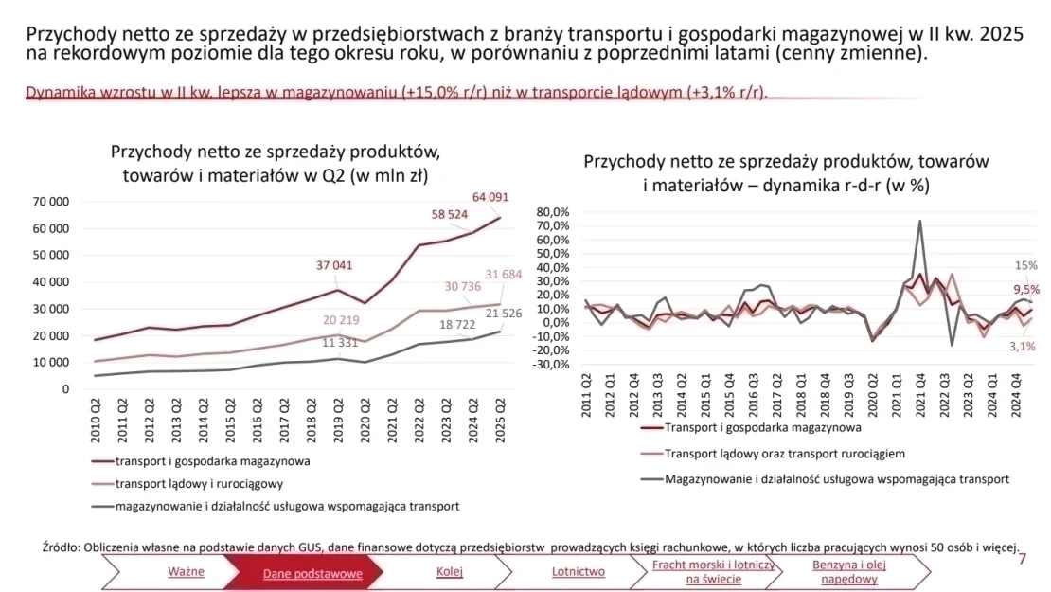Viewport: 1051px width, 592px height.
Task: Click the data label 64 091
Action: coord(490,198)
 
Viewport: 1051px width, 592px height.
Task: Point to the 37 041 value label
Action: coord(334,265)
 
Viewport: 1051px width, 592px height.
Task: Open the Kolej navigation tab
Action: coord(450,572)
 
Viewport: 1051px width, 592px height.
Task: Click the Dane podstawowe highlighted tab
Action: coord(299,573)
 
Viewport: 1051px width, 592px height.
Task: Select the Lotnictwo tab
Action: coord(578,572)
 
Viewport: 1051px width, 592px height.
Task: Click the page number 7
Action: coord(1022,560)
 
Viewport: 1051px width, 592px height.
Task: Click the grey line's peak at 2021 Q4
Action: coord(919,222)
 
